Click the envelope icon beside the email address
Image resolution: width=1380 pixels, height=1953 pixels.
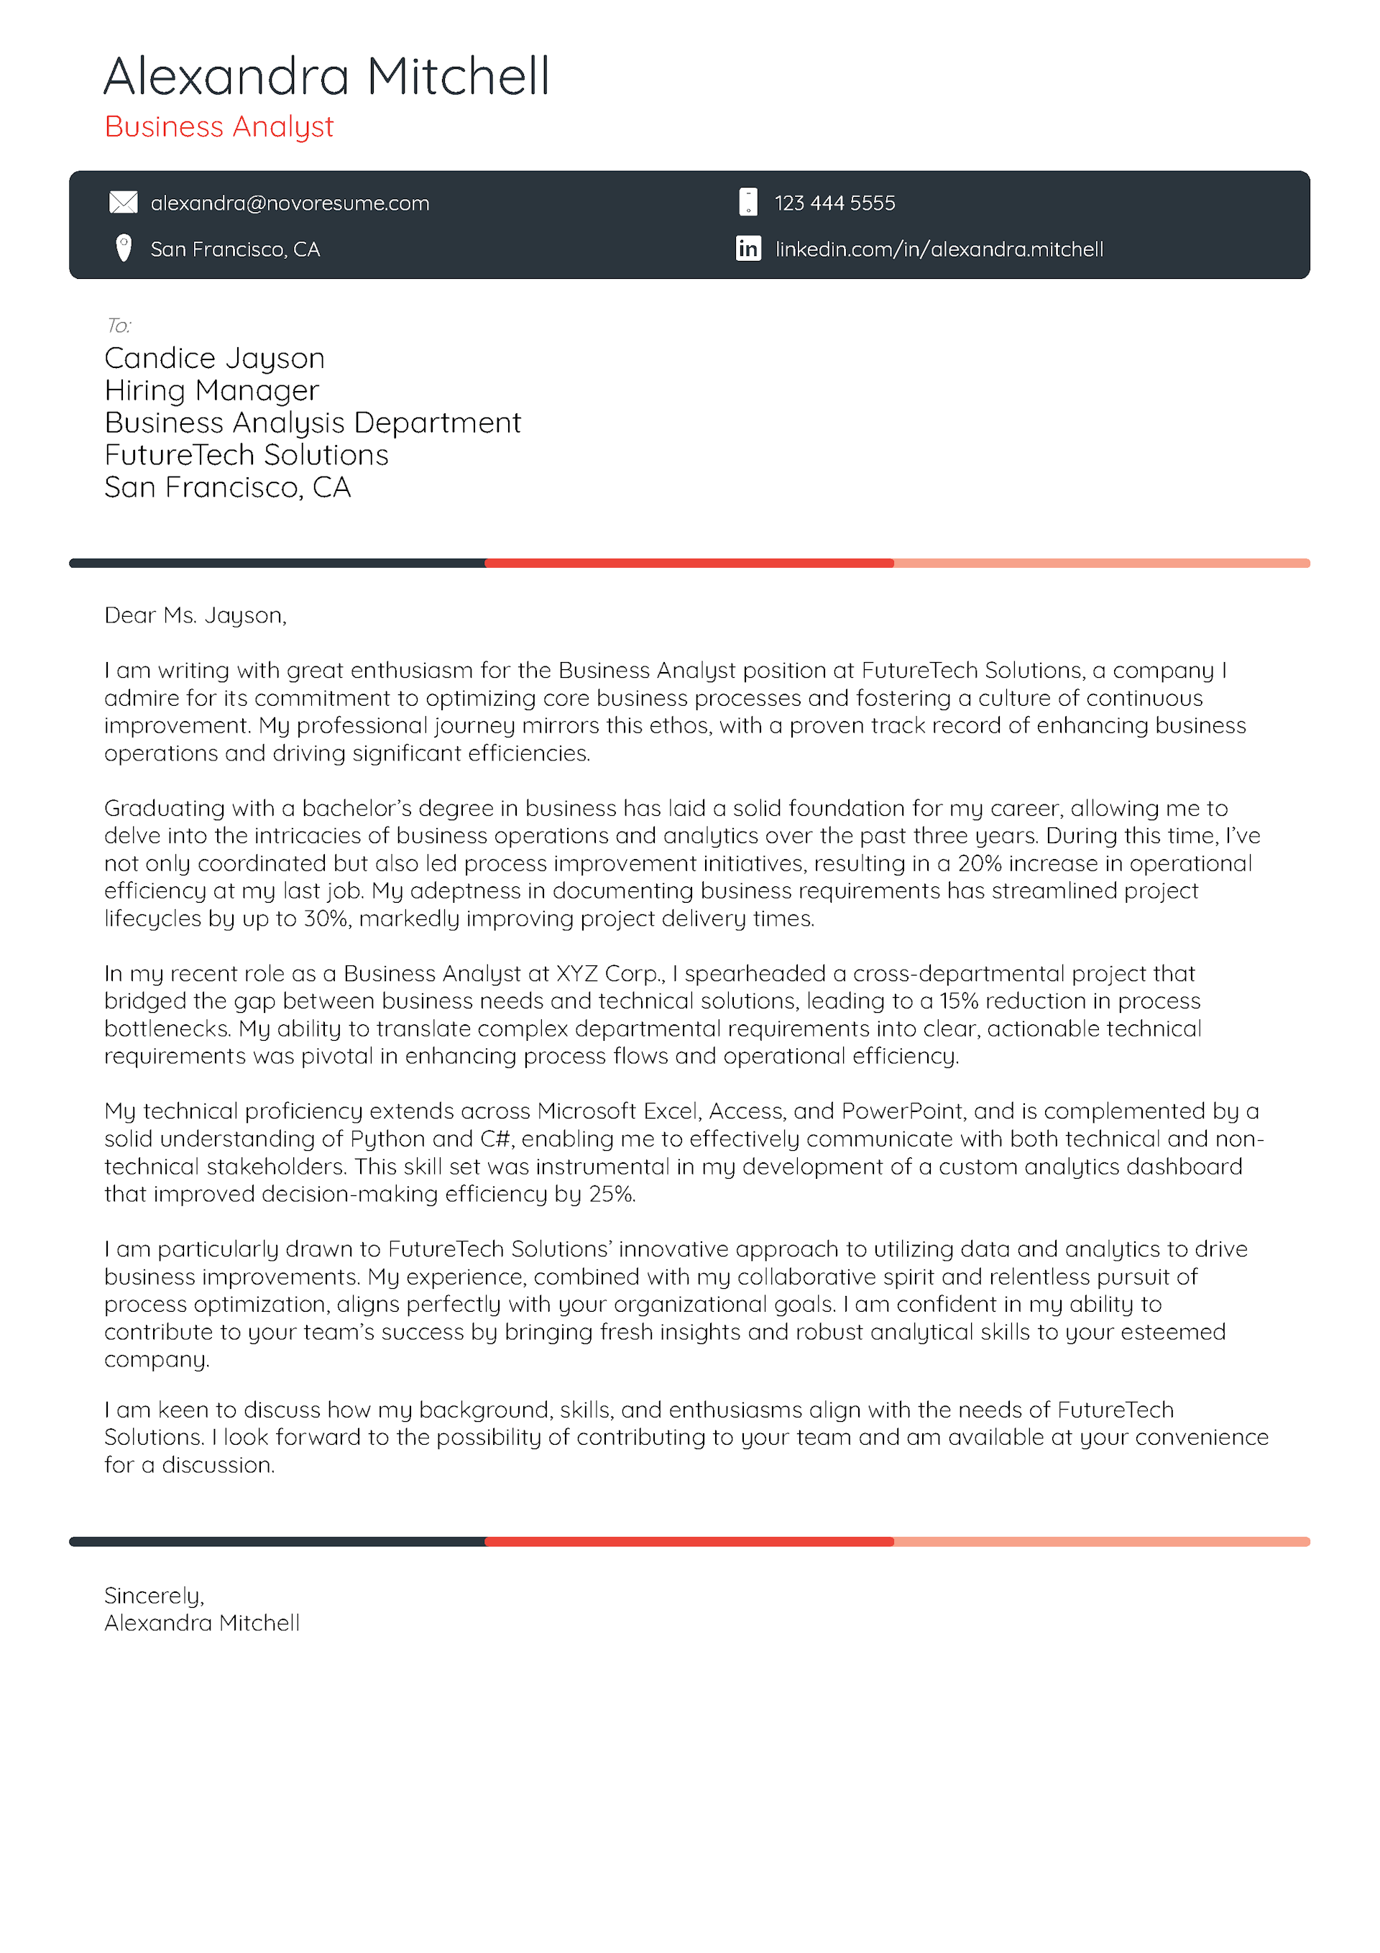coord(124,203)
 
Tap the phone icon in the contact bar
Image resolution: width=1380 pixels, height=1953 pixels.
coord(747,203)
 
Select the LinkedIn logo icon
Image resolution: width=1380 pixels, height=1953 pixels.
coord(747,249)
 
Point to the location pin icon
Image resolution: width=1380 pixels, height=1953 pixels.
coord(124,249)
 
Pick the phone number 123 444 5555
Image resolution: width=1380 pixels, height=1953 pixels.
coord(834,203)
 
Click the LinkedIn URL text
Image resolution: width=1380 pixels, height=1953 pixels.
coord(939,249)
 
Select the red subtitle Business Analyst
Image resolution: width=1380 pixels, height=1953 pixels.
coord(218,127)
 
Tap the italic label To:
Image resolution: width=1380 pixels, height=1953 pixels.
coord(119,325)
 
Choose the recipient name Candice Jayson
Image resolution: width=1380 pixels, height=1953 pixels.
coord(214,358)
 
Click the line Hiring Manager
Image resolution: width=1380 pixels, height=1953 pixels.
coord(211,390)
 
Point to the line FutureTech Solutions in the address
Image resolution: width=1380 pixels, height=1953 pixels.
coord(246,455)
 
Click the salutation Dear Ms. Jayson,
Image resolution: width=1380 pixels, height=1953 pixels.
coord(195,615)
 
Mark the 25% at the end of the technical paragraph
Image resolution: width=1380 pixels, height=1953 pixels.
coord(611,1194)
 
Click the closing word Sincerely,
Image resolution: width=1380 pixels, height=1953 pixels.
coord(154,1595)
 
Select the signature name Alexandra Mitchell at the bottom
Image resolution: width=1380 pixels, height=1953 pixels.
coord(202,1623)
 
